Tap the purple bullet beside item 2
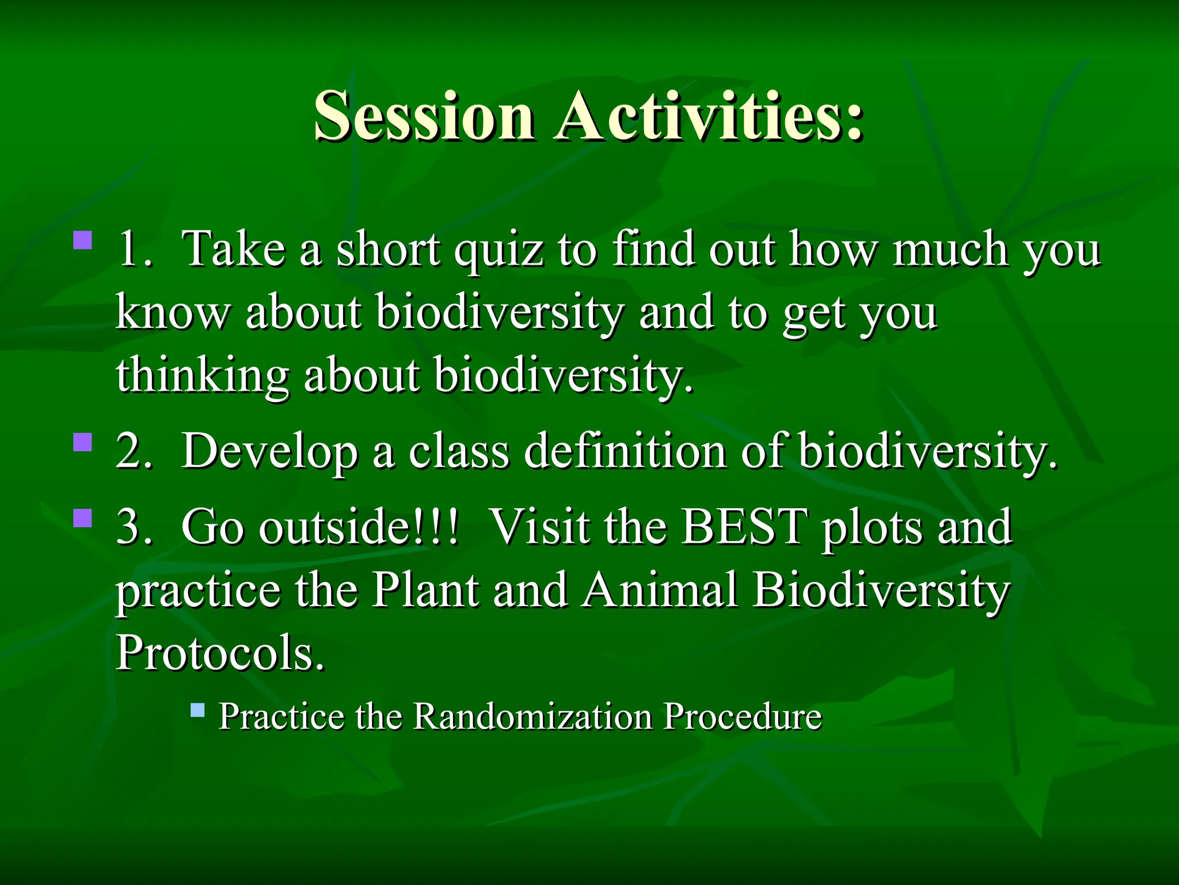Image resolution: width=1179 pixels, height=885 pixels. tap(83, 442)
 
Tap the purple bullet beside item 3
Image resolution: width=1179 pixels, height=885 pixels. tap(83, 517)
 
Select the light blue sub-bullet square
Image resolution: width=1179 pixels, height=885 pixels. tap(197, 709)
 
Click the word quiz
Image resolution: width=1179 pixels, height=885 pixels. tap(499, 251)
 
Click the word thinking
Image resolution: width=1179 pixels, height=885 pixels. tap(202, 376)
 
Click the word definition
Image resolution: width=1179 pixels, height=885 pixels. tap(625, 451)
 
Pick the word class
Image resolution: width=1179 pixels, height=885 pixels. tap(459, 451)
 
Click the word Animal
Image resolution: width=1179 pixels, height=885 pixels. tap(659, 590)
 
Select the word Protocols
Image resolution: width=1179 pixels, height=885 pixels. tap(219, 653)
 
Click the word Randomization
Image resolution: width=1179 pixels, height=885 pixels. tap(533, 717)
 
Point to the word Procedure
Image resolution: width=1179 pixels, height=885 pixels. tap(742, 717)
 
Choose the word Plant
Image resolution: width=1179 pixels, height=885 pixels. tap(425, 590)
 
